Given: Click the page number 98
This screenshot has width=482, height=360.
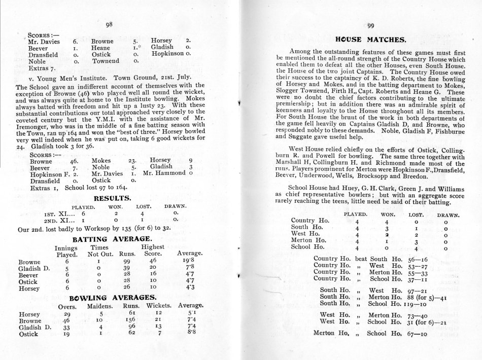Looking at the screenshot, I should (109, 24).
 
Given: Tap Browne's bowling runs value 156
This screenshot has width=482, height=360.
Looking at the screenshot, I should (131, 320).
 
